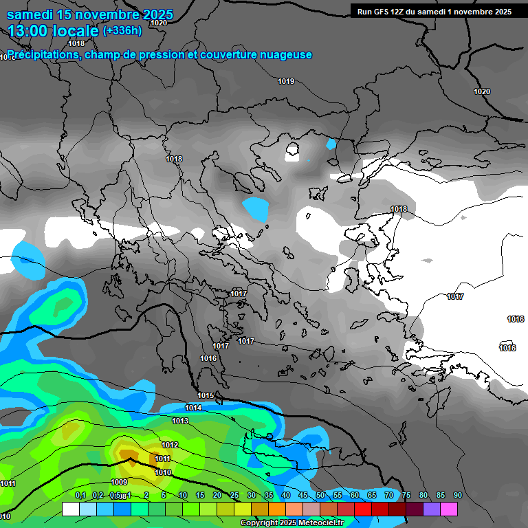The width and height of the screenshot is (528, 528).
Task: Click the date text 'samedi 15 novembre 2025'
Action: [90, 14]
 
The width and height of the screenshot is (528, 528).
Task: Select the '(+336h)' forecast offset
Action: [122, 30]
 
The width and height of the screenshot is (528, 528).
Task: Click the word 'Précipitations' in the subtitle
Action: [43, 54]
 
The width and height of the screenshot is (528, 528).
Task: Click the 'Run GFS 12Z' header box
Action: [434, 11]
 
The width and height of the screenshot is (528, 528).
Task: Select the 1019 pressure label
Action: [286, 82]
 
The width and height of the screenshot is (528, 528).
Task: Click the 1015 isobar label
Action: [206, 395]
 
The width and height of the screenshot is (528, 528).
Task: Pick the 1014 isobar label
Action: [193, 408]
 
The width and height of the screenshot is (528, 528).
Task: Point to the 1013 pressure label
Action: [180, 421]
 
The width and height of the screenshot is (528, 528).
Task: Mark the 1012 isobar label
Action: [170, 445]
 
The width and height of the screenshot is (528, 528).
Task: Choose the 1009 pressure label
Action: [119, 482]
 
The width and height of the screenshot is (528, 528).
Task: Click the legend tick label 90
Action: [457, 496]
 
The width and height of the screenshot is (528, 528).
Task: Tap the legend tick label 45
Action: [303, 496]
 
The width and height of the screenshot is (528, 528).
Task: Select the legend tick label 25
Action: [234, 496]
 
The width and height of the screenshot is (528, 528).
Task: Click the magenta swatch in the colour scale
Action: [449, 509]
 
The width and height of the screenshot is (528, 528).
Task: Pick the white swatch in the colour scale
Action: [71, 509]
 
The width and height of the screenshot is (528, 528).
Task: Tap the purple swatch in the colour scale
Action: [432, 509]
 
